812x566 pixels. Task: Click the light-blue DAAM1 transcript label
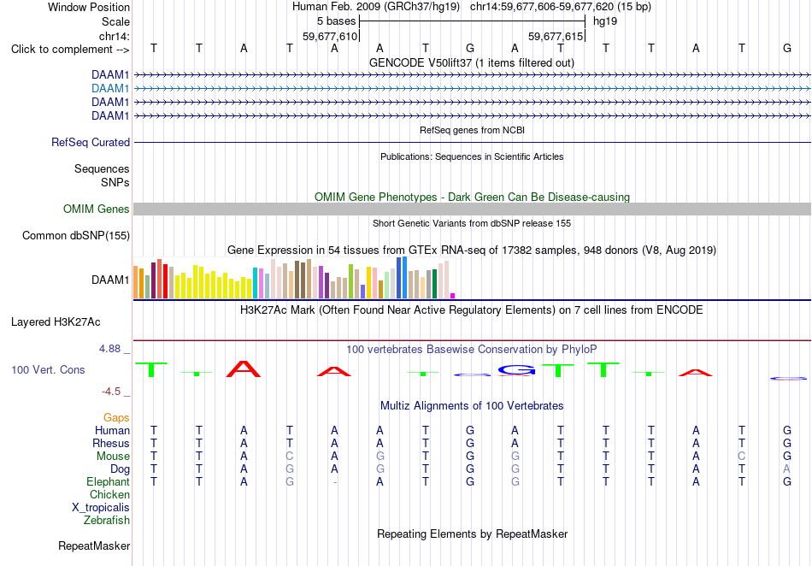110,89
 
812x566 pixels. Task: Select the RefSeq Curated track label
91,143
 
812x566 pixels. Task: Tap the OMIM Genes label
97,209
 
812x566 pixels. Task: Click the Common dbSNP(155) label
76,236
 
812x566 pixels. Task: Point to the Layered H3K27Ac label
56,322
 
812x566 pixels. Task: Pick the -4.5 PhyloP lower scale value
111,392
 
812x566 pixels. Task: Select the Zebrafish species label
107,520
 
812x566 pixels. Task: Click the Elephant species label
109,481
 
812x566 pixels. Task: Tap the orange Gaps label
116,417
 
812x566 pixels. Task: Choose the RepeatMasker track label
94,545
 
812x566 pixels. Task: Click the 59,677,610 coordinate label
330,36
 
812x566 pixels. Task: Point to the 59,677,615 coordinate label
556,36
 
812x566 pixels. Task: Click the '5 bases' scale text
337,21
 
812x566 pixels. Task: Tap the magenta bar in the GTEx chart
453,296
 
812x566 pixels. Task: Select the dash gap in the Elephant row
335,482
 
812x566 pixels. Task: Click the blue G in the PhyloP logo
517,369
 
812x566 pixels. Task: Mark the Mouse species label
113,457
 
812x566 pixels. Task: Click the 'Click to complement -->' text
70,50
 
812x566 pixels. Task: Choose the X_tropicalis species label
101,508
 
